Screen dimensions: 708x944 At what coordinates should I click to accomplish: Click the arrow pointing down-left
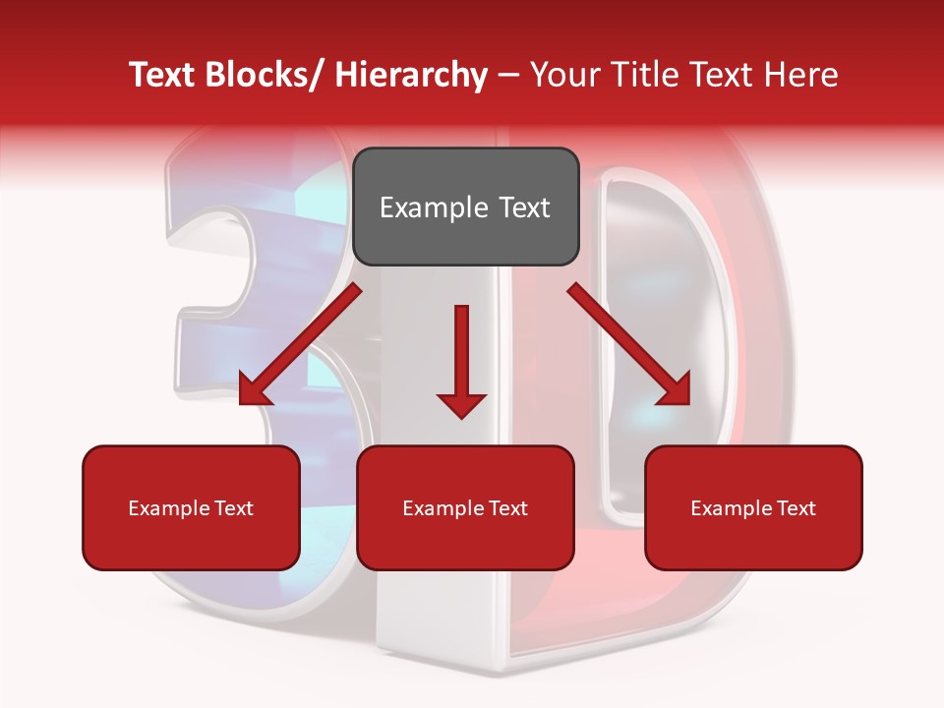click(x=301, y=345)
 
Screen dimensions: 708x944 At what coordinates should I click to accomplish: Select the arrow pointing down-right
click(x=628, y=345)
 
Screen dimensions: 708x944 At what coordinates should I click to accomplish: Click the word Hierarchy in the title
click(x=411, y=76)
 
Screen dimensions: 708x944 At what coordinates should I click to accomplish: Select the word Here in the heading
click(x=803, y=76)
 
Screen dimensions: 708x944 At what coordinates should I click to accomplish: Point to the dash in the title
click(x=508, y=76)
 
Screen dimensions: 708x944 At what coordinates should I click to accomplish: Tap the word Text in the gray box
click(x=523, y=207)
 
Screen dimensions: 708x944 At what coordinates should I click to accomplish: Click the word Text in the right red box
click(x=795, y=508)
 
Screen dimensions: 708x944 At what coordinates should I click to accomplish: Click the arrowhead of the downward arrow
click(x=461, y=403)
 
